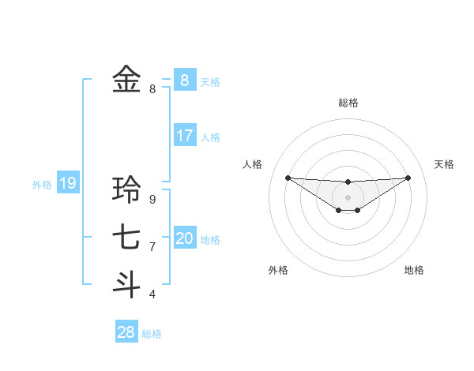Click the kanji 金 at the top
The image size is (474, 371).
(x=126, y=79)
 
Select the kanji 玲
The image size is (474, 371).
(x=126, y=189)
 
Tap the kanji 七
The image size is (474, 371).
(x=126, y=237)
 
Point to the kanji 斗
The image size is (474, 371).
(x=126, y=284)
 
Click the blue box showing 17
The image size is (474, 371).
(x=185, y=136)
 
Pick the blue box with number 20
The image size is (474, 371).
(x=185, y=238)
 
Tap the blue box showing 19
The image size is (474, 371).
(x=68, y=184)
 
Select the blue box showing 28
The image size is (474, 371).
(x=126, y=332)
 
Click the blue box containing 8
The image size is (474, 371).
(x=185, y=80)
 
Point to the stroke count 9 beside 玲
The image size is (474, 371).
(x=152, y=200)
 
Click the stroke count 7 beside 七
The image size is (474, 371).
(x=152, y=247)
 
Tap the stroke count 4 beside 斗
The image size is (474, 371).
(x=152, y=294)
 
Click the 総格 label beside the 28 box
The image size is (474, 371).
(x=152, y=334)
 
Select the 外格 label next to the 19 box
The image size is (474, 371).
(x=42, y=185)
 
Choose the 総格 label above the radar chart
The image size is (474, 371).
(x=348, y=103)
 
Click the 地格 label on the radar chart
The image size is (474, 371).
(x=414, y=270)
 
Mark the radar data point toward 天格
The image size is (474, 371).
(x=408, y=177)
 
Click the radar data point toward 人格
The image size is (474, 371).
(x=288, y=177)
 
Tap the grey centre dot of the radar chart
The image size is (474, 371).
(x=348, y=197)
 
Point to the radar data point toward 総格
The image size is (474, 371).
(x=348, y=182)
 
